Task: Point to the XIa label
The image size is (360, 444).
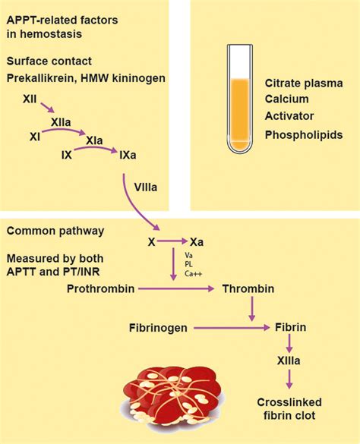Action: pyautogui.click(x=96, y=141)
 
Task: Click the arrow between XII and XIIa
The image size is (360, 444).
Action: pyautogui.click(x=46, y=109)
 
